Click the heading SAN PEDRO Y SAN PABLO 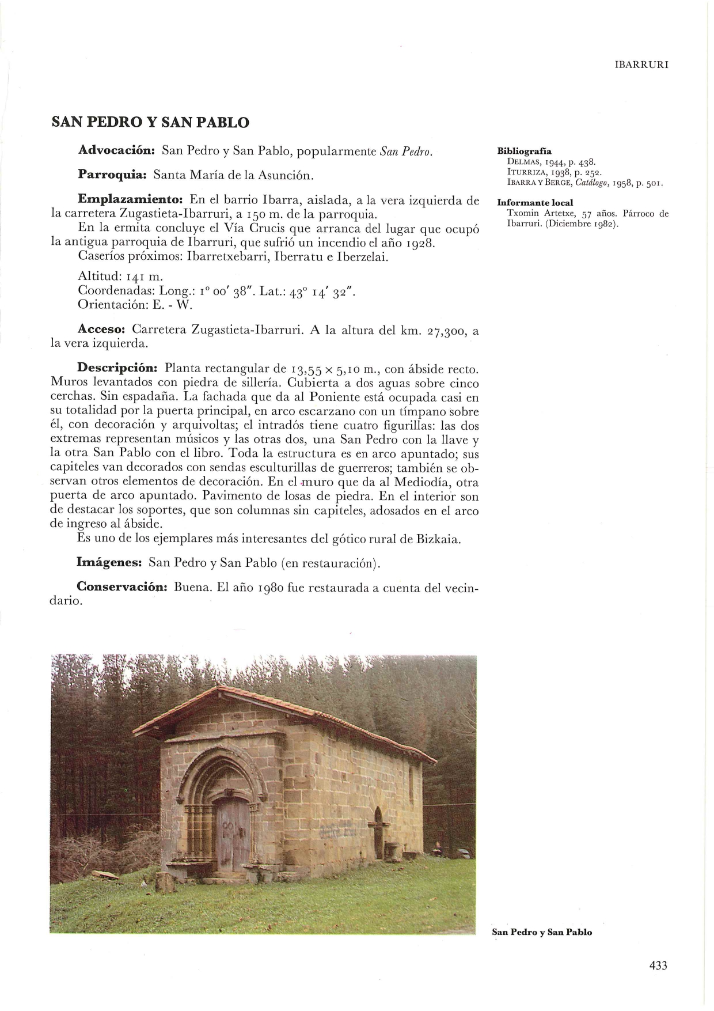(150, 123)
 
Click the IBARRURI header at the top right (641, 65)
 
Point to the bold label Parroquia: (113, 174)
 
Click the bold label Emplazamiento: (130, 200)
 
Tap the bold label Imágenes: (109, 562)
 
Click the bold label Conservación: (122, 588)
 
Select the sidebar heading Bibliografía (524, 152)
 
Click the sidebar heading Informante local (535, 203)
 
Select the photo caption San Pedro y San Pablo (542, 932)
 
